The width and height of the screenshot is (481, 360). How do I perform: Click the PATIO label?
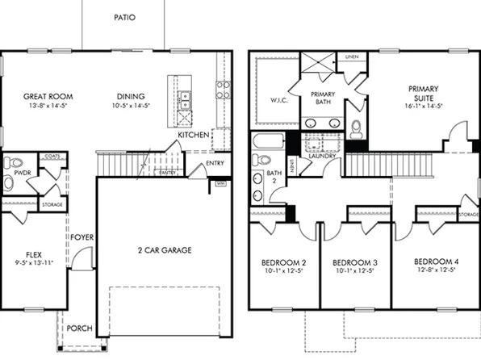(124, 17)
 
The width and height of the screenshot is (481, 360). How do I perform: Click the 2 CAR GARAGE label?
(164, 250)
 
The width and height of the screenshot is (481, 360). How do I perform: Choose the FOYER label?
(80, 237)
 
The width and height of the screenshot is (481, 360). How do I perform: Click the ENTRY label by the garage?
(215, 164)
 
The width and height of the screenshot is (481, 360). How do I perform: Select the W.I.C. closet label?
(278, 100)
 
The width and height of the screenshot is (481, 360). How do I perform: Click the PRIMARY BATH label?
(322, 98)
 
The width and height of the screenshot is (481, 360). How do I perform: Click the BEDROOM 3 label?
(356, 263)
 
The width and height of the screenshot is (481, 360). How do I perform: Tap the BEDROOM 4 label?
(436, 263)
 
